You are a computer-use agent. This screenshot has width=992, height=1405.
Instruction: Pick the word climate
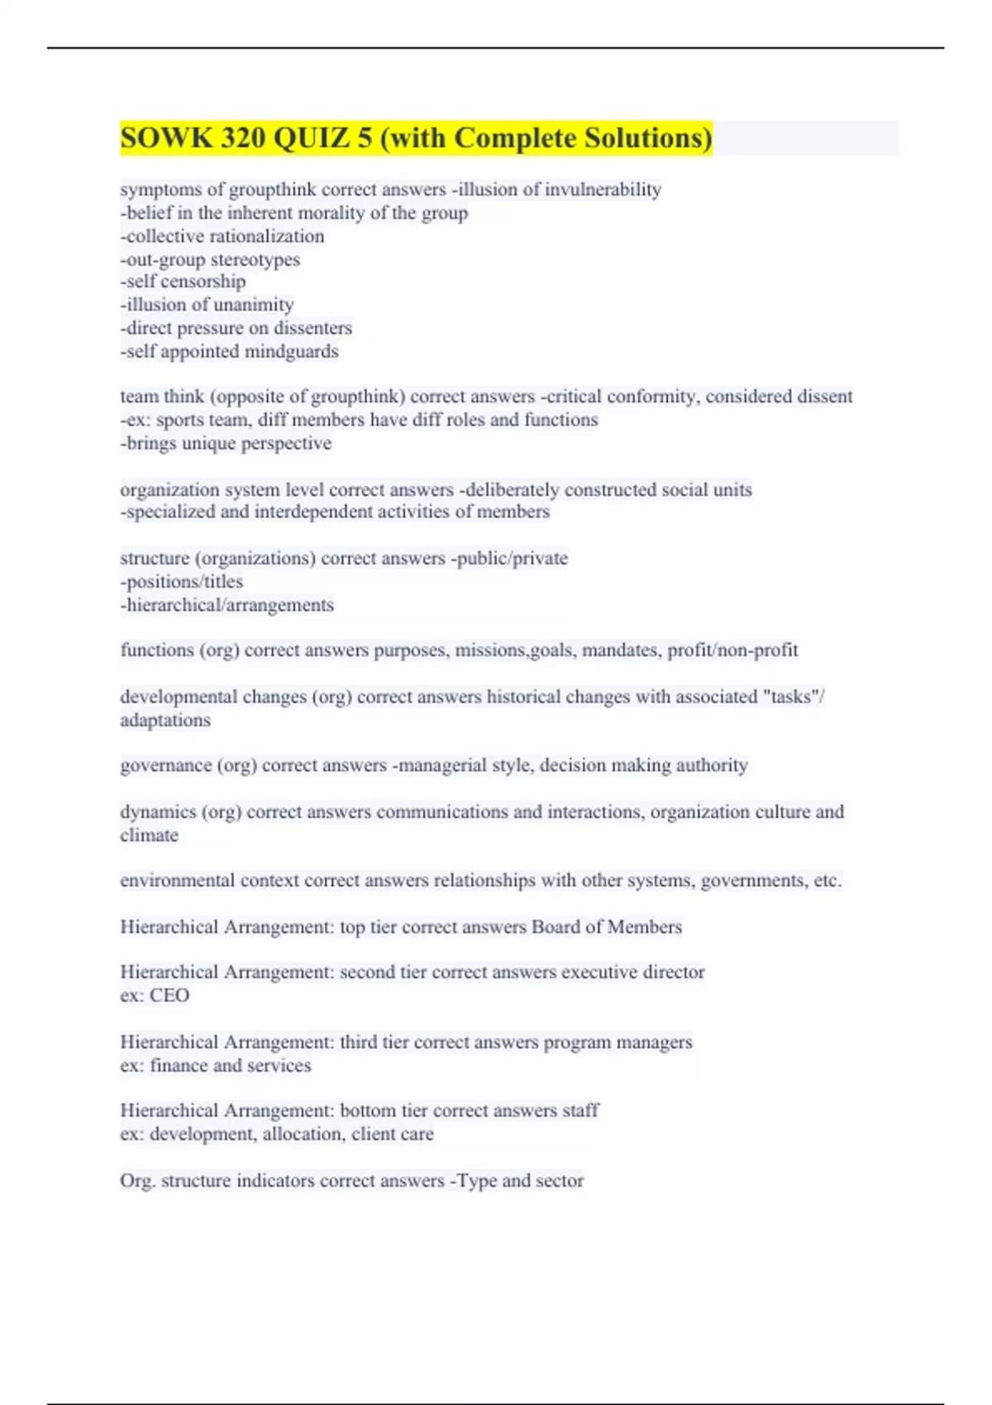(x=149, y=836)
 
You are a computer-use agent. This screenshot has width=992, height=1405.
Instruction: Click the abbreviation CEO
(x=169, y=996)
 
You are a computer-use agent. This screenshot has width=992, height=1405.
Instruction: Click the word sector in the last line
(x=560, y=1181)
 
